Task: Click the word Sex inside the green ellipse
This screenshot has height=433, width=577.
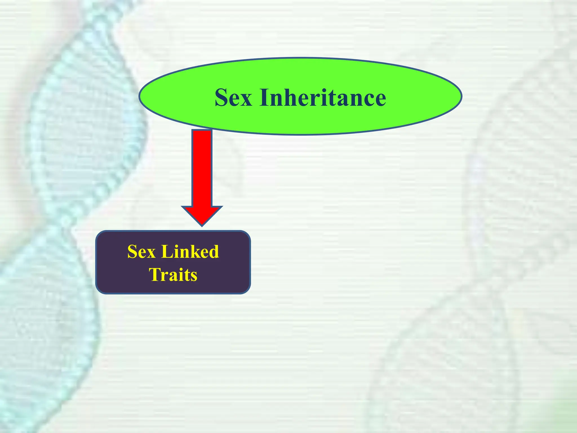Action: click(233, 98)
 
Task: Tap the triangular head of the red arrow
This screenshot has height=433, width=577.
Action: click(202, 215)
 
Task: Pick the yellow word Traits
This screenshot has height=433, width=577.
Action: click(173, 275)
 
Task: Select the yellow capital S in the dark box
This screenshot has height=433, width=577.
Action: click(132, 251)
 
